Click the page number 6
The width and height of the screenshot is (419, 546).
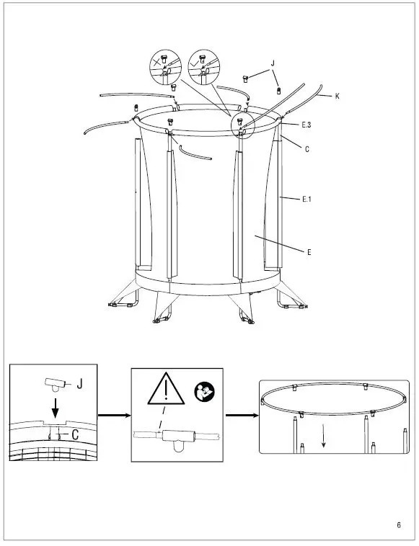398,524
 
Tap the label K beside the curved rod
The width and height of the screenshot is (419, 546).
337,96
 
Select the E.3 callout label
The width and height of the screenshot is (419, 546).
306,125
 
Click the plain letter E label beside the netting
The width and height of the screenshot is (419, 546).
309,252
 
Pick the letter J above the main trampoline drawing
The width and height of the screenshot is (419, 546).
273,64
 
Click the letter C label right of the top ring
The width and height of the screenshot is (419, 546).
306,149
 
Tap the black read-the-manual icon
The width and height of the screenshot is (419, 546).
202,393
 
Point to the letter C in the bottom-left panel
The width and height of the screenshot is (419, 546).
75,434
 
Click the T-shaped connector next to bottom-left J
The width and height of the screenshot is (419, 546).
55,382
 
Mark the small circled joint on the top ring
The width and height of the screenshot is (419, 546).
242,125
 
